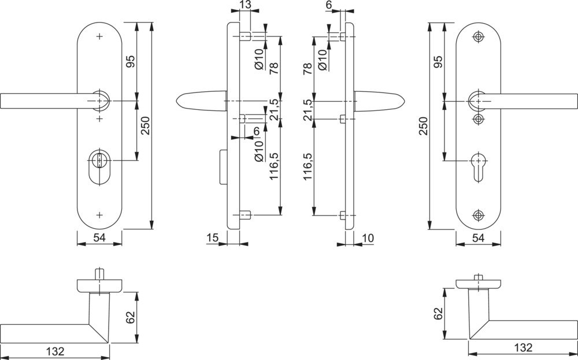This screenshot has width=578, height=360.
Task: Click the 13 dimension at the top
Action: pyautogui.click(x=244, y=6)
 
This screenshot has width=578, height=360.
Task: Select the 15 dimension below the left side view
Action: pyautogui.click(x=212, y=237)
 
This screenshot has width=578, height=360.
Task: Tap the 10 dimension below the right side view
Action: pyautogui.click(x=368, y=237)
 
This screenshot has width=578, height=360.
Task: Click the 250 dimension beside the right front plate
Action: pyautogui.click(x=423, y=125)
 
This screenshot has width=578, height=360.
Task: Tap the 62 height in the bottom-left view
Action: pyautogui.click(x=130, y=317)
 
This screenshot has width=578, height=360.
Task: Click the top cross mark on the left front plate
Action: pyautogui.click(x=99, y=36)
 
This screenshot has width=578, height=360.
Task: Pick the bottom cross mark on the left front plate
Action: pyautogui.click(x=99, y=215)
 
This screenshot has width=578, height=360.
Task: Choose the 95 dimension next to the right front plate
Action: pyautogui.click(x=438, y=62)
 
